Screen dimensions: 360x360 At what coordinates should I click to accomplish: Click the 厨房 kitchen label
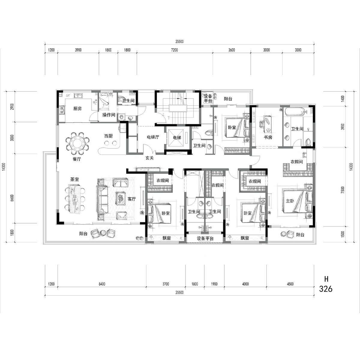(x=77, y=109)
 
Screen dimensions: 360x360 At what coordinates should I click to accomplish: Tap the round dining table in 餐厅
(x=77, y=143)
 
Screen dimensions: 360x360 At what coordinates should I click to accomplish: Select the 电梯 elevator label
(x=177, y=138)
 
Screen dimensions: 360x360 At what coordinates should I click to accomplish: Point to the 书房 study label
(x=268, y=137)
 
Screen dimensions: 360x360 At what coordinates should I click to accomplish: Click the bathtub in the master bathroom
(x=295, y=112)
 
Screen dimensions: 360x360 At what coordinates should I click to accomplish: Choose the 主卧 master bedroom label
(x=290, y=201)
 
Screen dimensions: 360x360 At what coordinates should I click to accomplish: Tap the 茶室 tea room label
(x=74, y=179)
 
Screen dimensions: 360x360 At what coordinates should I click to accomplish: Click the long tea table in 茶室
(x=74, y=199)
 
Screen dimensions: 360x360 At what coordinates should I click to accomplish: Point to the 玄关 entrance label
(x=150, y=158)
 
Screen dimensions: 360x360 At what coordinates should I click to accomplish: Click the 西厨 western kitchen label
(x=108, y=136)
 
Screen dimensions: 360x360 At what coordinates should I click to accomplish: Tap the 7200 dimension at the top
(x=174, y=50)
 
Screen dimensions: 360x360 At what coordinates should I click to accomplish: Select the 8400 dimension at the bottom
(x=102, y=284)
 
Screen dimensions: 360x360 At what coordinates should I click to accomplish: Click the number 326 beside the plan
(x=326, y=289)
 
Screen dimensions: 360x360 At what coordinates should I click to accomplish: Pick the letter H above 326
(x=326, y=279)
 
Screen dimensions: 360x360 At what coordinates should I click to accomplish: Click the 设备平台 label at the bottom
(x=205, y=238)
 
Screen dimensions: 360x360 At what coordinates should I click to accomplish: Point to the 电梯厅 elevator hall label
(x=153, y=137)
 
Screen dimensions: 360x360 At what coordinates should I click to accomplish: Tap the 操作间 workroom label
(x=109, y=115)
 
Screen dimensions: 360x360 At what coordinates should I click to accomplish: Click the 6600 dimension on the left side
(x=12, y=198)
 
